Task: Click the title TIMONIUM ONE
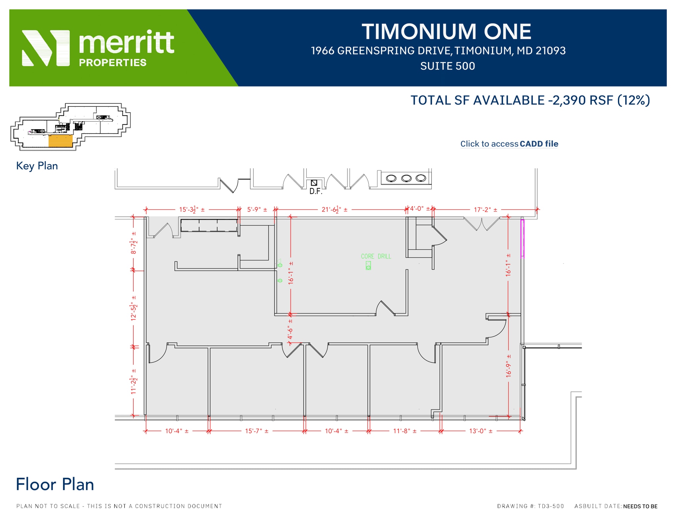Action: point(446,32)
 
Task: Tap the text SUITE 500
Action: point(448,66)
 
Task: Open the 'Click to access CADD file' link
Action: point(509,144)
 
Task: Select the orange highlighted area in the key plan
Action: point(60,141)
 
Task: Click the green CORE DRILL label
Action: point(376,256)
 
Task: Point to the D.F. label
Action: point(316,192)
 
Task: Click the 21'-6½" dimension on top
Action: point(334,209)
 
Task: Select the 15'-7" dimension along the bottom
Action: point(256,431)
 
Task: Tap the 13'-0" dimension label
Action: point(481,431)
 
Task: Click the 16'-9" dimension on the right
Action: point(508,366)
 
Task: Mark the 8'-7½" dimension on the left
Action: point(134,243)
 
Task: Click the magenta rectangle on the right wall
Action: point(523,238)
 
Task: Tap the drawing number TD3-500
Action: point(551,506)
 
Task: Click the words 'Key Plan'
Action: point(37,166)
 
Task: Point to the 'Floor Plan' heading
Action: point(55,484)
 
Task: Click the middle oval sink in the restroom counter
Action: point(406,178)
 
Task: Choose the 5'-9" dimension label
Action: point(257,209)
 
